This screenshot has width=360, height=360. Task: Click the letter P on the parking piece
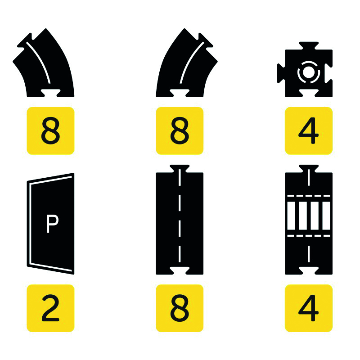[x=52, y=224]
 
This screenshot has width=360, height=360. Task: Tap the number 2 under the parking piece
[x=50, y=308]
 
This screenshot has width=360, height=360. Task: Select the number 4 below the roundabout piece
[x=308, y=130]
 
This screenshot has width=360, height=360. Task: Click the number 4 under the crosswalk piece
[x=308, y=308]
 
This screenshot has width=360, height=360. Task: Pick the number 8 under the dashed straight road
[x=180, y=308]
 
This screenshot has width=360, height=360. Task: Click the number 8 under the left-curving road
[x=50, y=130]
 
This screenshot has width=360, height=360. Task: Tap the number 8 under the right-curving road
[x=180, y=130]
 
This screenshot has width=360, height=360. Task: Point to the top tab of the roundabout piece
[x=309, y=45]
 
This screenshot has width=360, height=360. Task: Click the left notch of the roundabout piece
[x=281, y=73]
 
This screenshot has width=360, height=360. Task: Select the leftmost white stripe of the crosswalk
[x=291, y=216]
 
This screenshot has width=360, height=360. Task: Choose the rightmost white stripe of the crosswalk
[x=326, y=216]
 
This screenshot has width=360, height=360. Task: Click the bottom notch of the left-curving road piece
[x=50, y=93]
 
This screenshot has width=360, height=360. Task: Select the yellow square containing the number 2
[x=50, y=308]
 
